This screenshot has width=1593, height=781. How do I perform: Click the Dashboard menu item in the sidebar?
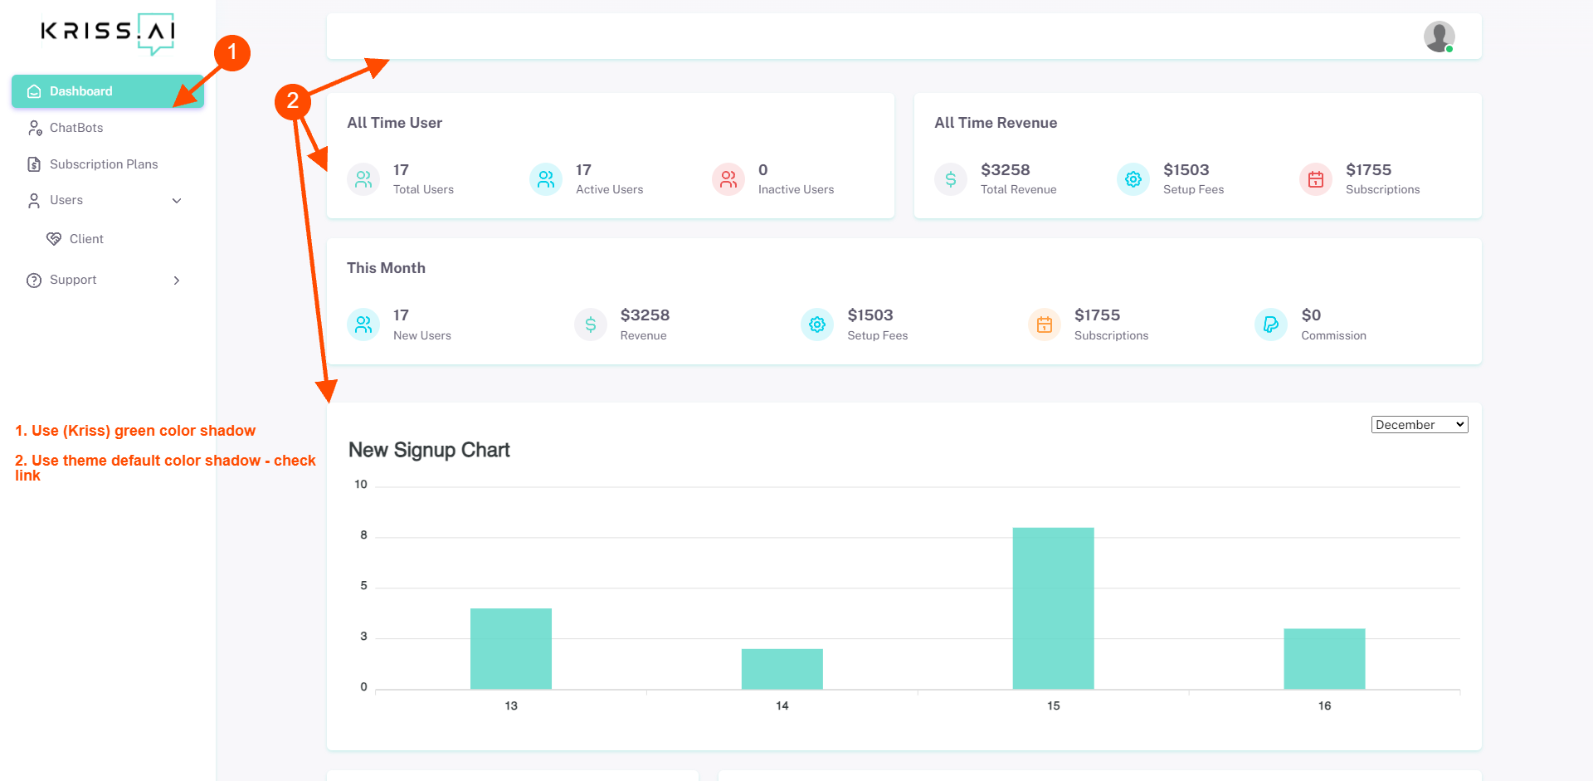(107, 91)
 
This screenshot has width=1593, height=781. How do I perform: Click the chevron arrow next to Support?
(177, 281)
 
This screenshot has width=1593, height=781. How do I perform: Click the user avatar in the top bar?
(1440, 37)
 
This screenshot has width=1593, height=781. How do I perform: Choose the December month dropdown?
(1420, 425)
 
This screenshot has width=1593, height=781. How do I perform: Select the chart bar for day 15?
(1054, 608)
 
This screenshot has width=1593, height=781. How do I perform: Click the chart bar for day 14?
(782, 669)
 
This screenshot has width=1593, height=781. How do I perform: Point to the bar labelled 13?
(511, 649)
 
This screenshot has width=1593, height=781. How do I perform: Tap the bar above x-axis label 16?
(1325, 659)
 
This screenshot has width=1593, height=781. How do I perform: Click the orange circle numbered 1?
(232, 52)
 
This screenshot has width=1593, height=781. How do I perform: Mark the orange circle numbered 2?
(293, 101)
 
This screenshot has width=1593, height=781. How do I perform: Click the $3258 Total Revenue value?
(1006, 170)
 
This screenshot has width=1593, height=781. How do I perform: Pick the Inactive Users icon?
(728, 179)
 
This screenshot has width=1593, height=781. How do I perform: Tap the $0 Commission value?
(1311, 315)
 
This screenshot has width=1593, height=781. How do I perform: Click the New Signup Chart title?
(429, 450)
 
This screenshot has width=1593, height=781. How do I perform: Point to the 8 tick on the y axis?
(363, 535)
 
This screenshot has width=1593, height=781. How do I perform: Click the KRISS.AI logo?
(108, 33)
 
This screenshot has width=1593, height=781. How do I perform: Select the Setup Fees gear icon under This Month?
(817, 325)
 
